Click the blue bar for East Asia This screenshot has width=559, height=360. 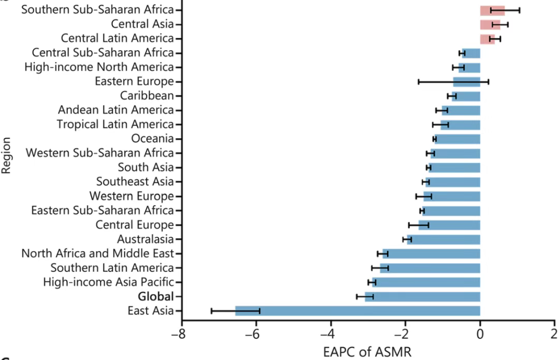357,311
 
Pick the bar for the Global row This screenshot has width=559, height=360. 422,296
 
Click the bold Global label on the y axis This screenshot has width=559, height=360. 155,296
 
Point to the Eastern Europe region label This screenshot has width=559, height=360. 134,81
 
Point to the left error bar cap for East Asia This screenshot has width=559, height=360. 211,311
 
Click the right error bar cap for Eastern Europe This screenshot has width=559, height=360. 488,81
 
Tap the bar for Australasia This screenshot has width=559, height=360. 444,239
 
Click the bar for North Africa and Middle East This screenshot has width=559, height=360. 432,253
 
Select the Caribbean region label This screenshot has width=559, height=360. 147,96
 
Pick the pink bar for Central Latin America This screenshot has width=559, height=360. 488,38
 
